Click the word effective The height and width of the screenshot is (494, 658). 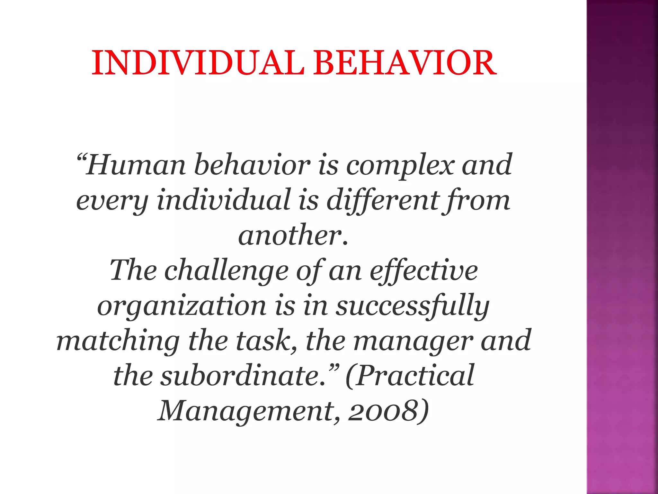(x=423, y=270)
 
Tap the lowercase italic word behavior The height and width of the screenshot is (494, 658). (x=252, y=165)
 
